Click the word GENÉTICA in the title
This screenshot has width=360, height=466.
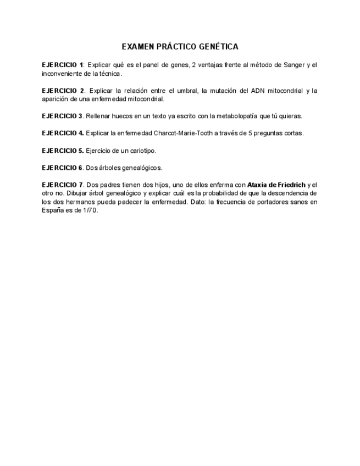(x=216, y=47)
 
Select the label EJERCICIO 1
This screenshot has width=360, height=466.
(x=63, y=65)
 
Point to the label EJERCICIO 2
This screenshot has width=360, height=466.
(x=63, y=91)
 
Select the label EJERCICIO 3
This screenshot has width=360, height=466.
(x=62, y=116)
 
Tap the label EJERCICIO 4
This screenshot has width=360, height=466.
(x=63, y=133)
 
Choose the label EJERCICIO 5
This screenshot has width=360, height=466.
(x=63, y=150)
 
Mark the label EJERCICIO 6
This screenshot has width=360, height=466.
(x=62, y=167)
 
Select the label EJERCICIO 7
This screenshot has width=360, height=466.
(x=62, y=185)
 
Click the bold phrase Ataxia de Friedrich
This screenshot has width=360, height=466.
(x=276, y=185)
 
